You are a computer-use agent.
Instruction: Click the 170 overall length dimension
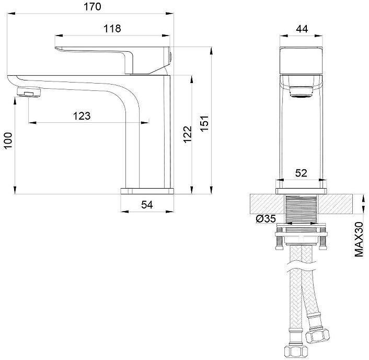tap(93, 7)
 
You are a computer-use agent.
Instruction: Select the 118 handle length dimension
tap(112, 29)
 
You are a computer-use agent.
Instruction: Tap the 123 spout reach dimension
tap(82, 116)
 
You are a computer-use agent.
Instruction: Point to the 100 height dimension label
tap(8, 141)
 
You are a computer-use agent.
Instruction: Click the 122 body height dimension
tap(188, 134)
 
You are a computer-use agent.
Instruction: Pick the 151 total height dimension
tap(204, 123)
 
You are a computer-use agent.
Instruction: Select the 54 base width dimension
tap(147, 205)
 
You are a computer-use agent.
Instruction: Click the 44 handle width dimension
tap(302, 29)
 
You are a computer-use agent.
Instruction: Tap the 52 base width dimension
tap(301, 173)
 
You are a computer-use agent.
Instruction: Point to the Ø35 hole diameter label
tap(266, 219)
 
